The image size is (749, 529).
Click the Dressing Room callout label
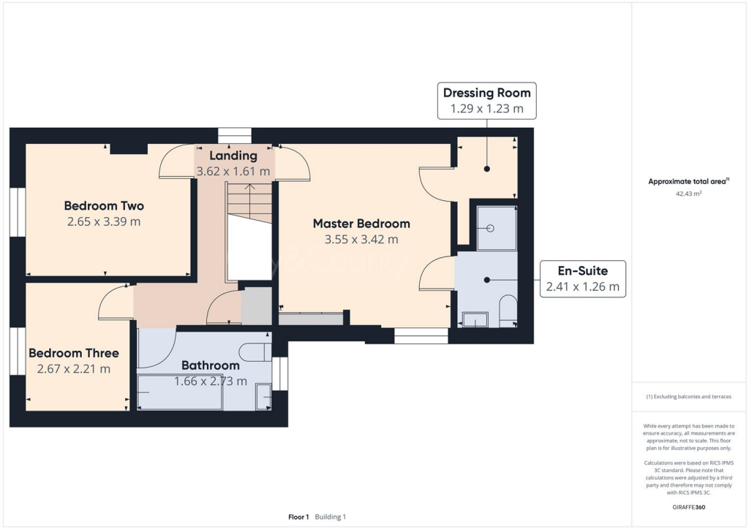pos(487,94)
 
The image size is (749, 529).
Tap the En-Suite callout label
pos(582,271)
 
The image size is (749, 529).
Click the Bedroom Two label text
pos(104,205)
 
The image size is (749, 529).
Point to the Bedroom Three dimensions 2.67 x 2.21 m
pos(73,369)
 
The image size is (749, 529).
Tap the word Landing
pos(233,156)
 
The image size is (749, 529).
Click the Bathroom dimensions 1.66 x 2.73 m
pos(210,381)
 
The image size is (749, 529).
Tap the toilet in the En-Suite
pos(507,310)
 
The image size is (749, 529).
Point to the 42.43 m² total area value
pos(688,194)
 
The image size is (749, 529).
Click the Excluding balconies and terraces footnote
pos(688,397)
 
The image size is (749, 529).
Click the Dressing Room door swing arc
pos(433,185)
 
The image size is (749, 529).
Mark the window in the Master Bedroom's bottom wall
pos(421,335)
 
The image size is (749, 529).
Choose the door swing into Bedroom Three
pos(114,302)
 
